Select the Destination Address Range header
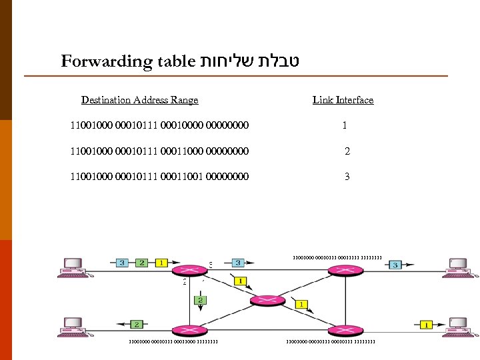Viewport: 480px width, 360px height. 139,100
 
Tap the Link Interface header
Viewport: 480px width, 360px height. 343,100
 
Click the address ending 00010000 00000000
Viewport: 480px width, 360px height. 159,125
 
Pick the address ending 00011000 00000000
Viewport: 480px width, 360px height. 159,151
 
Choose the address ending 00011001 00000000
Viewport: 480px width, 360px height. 159,177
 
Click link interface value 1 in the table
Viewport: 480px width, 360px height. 344,125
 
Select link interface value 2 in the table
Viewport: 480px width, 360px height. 347,151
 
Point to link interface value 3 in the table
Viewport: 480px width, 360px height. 347,177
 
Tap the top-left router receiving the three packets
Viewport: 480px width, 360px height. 189,270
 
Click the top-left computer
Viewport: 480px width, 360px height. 71,266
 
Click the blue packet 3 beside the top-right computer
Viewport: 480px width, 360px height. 395,265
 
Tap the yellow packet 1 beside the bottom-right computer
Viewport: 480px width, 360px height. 425,325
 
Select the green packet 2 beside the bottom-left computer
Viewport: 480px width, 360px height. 135,325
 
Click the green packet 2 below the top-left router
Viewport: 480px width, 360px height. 200,301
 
